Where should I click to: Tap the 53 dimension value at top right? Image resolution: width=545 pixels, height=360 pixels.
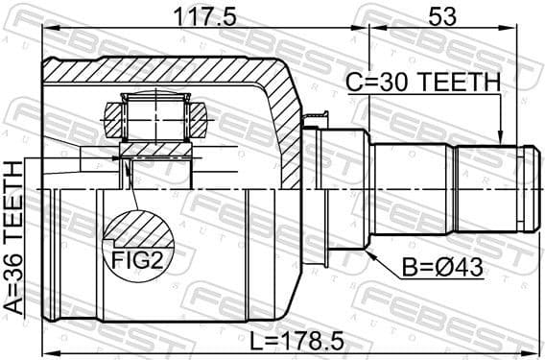[444, 16]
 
